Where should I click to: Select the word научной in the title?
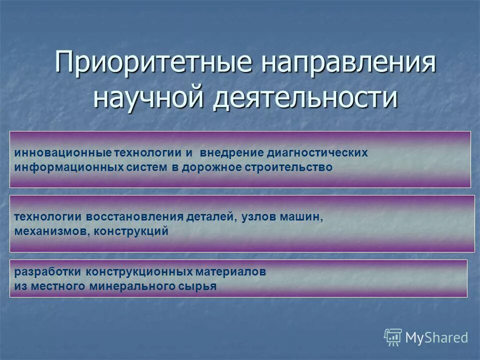pyautogui.click(x=148, y=96)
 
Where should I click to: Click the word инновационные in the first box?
pyautogui.click(x=62, y=153)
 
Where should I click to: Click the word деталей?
pyautogui.click(x=210, y=217)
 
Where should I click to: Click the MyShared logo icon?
pyautogui.click(x=393, y=337)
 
